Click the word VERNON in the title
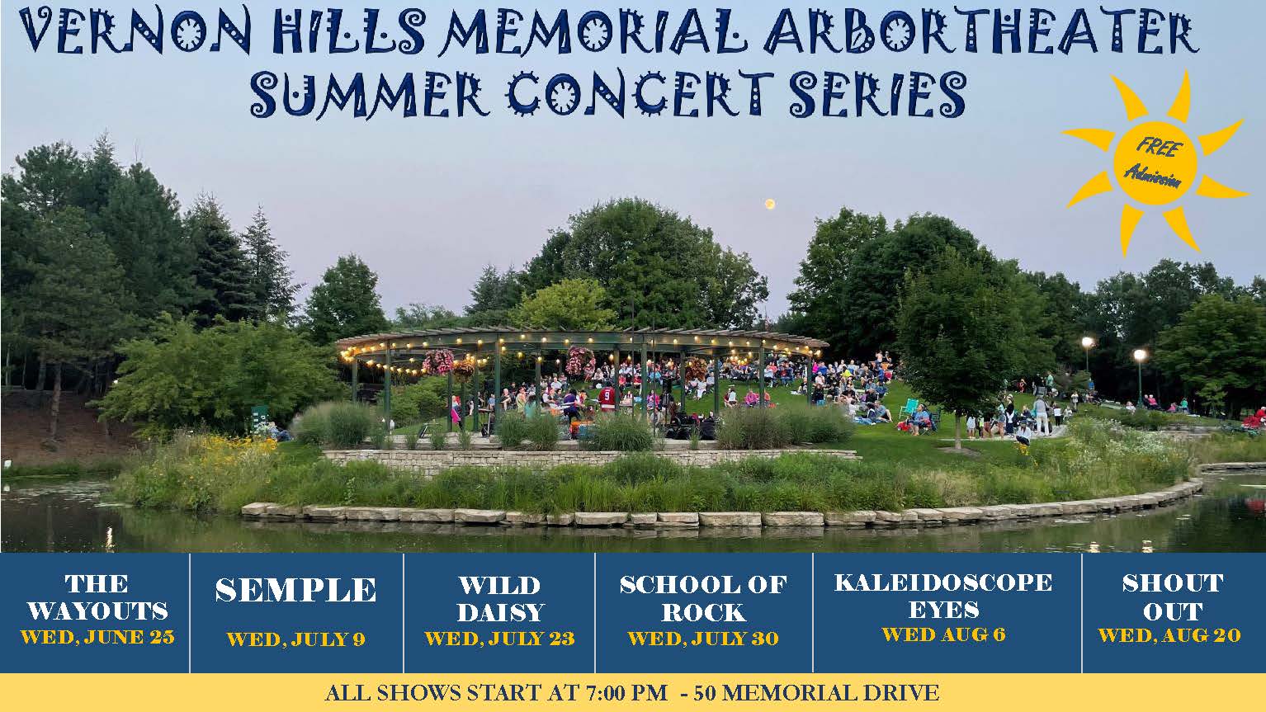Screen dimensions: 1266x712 135,31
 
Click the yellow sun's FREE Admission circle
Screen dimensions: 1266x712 1155,163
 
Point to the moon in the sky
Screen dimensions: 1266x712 769,204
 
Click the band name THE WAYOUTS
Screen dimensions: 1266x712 97,597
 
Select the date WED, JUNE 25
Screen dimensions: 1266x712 97,638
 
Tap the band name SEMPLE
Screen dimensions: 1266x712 295,590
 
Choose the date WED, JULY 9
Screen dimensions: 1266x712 296,639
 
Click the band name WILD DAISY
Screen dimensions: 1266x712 500,598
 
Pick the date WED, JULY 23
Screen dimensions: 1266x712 499,639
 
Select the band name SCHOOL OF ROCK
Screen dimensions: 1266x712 704,598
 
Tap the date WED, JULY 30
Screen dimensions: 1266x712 703,639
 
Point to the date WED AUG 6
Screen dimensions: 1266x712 944,634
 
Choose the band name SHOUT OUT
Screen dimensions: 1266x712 1173,597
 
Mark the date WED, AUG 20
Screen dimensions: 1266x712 1169,636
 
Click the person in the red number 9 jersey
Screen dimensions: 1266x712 607,398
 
